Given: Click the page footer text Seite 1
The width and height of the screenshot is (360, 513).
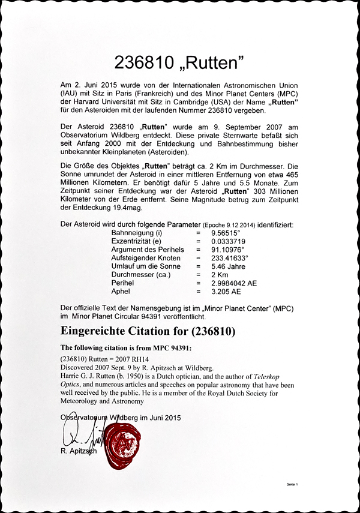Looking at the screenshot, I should [292, 483].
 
